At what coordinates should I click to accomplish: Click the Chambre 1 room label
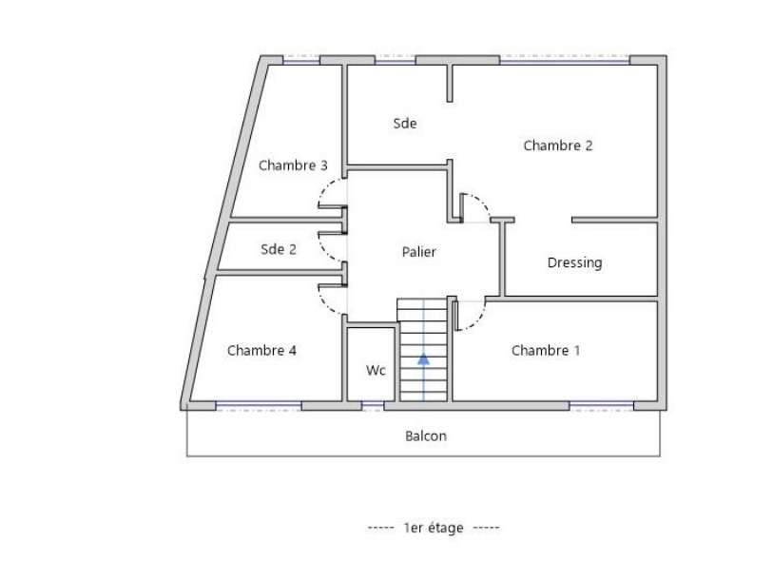(x=545, y=350)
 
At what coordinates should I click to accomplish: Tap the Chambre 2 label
(x=557, y=145)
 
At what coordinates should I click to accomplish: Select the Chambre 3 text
(x=293, y=165)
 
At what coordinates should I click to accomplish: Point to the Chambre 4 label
(x=261, y=350)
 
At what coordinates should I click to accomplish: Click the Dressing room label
(x=574, y=262)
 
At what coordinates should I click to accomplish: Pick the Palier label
(x=418, y=252)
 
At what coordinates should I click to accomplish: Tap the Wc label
(x=376, y=370)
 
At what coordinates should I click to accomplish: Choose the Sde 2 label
(x=278, y=249)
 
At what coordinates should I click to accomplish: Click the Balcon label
(x=425, y=436)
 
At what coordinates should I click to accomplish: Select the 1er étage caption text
(x=434, y=528)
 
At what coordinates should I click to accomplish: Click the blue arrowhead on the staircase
(x=423, y=359)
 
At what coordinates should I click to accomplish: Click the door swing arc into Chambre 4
(x=326, y=306)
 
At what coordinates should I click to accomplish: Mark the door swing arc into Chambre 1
(x=477, y=321)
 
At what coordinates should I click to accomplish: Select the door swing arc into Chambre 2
(x=482, y=202)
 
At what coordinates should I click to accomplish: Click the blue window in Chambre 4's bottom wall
(x=259, y=406)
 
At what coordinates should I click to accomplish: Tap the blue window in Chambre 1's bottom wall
(x=602, y=406)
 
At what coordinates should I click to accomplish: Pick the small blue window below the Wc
(x=373, y=406)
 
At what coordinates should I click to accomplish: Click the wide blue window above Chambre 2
(x=565, y=60)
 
